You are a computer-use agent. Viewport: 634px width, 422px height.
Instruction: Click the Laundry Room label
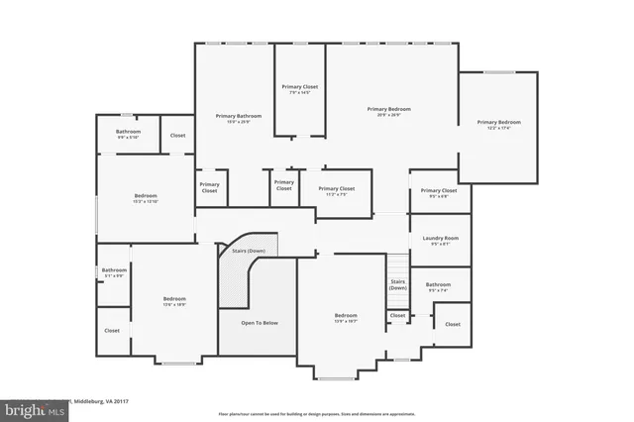pos(440,238)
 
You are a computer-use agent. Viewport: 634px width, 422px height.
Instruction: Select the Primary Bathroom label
pos(232,116)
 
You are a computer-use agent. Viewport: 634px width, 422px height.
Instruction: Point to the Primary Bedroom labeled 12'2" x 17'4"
pos(497,122)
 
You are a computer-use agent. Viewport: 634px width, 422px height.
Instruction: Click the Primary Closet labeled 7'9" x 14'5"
pos(299,87)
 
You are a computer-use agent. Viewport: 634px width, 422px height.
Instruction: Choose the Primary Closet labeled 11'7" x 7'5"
pos(336,188)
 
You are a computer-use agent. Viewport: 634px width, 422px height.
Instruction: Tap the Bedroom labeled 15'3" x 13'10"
pos(146,196)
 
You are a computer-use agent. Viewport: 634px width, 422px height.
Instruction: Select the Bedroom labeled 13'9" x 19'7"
pos(346,316)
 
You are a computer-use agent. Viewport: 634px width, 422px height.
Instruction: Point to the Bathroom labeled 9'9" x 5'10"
pos(128,132)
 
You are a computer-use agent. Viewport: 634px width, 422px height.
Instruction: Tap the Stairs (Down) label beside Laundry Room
pos(397,284)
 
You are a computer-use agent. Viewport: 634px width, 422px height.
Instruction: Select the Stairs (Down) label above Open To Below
pos(249,251)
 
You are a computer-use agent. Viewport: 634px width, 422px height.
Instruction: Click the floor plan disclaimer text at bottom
pos(316,414)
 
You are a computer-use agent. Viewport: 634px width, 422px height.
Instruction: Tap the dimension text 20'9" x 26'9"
pos(388,115)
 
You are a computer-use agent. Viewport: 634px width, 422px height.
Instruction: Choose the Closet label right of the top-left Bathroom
pos(178,135)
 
